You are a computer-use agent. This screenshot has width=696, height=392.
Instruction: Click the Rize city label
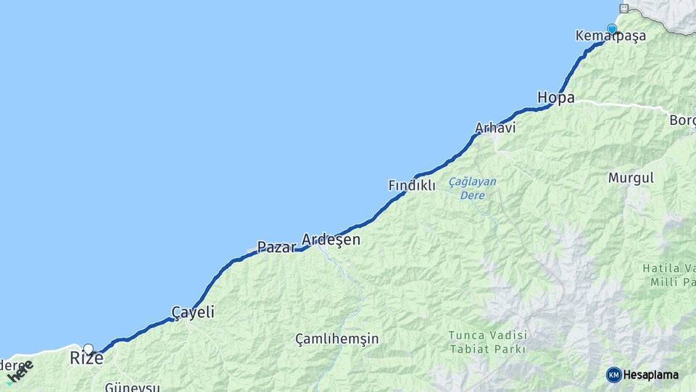(x=86, y=359)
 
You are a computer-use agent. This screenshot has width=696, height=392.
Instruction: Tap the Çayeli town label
(x=193, y=312)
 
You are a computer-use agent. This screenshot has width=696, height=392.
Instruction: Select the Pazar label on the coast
(x=276, y=248)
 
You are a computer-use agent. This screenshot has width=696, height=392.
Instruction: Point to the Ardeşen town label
(x=331, y=240)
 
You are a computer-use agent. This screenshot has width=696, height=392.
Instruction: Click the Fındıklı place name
(x=412, y=186)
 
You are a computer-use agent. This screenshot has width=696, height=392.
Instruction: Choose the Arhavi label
(x=495, y=128)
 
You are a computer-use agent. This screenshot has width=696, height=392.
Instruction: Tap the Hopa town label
(x=556, y=97)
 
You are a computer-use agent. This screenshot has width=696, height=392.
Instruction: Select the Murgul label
(x=631, y=178)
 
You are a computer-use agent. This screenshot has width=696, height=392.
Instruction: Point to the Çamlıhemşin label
(x=337, y=339)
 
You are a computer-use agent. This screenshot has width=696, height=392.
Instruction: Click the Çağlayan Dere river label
(x=473, y=188)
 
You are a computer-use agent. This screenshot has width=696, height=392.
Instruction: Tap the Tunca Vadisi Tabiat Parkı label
(x=487, y=341)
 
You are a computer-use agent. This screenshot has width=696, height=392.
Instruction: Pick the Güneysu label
(x=132, y=387)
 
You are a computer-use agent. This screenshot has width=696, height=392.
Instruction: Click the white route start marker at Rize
(x=88, y=348)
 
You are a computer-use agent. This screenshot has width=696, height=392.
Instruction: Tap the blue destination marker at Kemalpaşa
(x=612, y=29)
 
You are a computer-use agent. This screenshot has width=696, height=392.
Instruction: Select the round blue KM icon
(x=613, y=375)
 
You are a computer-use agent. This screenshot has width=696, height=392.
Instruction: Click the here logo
(x=20, y=372)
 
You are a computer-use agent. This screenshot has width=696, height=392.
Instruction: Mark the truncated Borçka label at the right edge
(x=682, y=120)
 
